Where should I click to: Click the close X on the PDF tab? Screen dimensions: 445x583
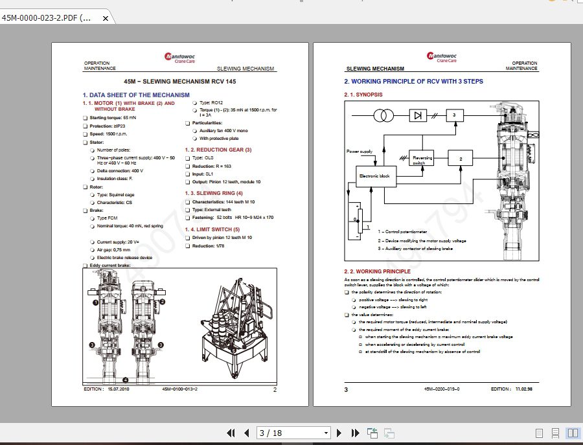pos(106,18)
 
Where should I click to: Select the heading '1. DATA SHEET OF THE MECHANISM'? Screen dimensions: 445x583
pos(136,95)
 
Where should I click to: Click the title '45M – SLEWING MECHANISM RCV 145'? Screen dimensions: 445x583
pos(180,82)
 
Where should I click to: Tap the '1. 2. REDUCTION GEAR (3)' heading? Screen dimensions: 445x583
pos(218,150)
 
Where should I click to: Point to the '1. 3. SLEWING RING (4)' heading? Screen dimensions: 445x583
pos(214,193)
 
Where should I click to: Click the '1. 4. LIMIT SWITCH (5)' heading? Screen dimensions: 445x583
pos(212,229)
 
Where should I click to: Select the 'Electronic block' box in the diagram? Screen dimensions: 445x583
pos(374,176)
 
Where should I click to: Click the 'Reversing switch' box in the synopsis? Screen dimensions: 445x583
pos(419,159)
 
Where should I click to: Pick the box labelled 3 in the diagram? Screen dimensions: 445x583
pos(455,115)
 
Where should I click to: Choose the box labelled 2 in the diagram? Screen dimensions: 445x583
pos(461,159)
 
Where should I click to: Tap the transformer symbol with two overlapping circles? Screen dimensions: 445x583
pos(383,115)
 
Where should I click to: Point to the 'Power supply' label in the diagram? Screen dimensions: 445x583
pos(360,152)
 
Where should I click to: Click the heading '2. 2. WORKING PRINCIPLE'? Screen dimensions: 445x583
pos(377,271)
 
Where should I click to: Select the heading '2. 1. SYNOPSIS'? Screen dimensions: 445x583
pos(363,95)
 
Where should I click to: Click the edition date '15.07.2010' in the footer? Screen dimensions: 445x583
pos(119,389)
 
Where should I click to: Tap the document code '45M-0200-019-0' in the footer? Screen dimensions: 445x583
pos(442,389)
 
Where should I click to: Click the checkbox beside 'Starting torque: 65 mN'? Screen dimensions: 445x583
pos(85,118)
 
